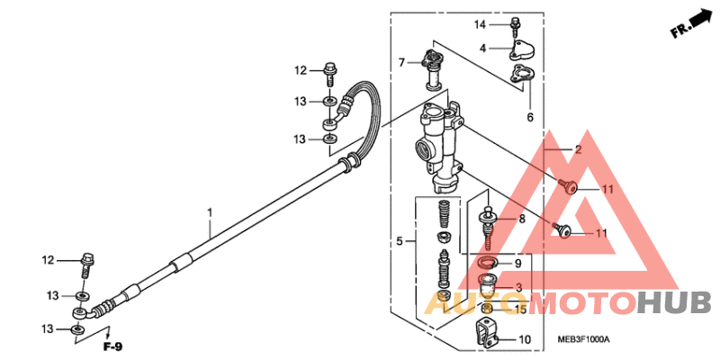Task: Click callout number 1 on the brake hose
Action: click(x=210, y=213)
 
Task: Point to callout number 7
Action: click(x=402, y=62)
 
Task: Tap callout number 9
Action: click(x=517, y=263)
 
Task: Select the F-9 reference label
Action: click(x=112, y=346)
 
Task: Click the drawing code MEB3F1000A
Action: click(x=581, y=339)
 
